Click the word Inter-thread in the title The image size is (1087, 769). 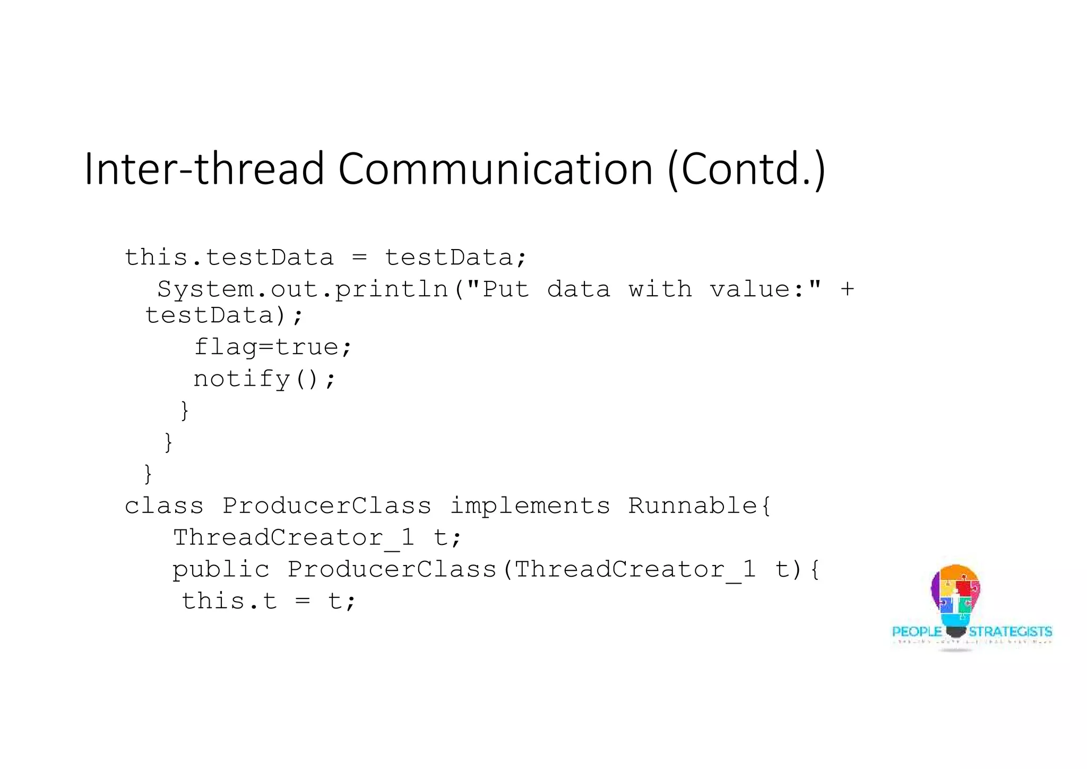(204, 168)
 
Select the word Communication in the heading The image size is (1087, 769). (495, 168)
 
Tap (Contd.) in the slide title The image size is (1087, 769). (746, 168)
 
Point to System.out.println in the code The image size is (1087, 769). (303, 289)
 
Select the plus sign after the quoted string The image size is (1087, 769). (847, 289)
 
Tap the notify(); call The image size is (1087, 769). (264, 379)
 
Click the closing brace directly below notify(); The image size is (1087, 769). (185, 411)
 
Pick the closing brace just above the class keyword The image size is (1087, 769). (148, 474)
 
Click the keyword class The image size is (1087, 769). (164, 506)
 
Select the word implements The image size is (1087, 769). (530, 506)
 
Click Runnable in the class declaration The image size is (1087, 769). (693, 506)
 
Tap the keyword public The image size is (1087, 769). (221, 570)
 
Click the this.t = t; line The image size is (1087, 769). (269, 602)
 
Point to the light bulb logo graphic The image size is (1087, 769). (955, 600)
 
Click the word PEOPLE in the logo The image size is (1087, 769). (917, 632)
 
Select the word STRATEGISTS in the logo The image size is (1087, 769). (1010, 632)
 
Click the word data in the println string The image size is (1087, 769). (579, 289)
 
